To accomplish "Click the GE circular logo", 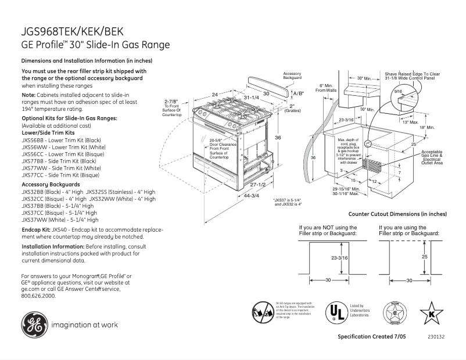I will [35, 325].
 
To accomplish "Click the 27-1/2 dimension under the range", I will [257, 184].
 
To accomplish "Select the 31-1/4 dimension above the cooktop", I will [250, 98].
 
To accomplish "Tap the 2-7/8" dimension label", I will [171, 101].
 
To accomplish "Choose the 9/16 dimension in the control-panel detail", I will [398, 92].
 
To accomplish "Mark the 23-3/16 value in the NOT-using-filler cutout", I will [339, 257].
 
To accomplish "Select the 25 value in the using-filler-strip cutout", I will [425, 256].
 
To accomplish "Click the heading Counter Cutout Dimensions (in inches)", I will [406, 214].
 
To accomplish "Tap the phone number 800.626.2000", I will [38, 296].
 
